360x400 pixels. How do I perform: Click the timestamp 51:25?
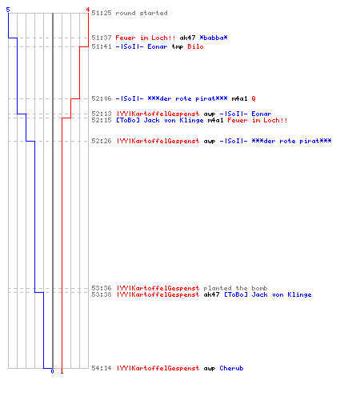[x=102, y=13]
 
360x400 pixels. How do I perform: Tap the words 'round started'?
[x=142, y=13]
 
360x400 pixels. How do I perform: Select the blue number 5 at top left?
[x=8, y=10]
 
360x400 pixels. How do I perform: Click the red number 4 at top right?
[x=88, y=10]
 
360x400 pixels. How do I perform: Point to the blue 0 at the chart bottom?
[x=52, y=371]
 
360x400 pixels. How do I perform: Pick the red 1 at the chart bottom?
[x=62, y=371]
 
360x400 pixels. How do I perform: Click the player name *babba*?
[x=214, y=38]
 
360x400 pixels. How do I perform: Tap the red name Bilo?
[x=195, y=46]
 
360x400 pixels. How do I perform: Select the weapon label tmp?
[x=178, y=46]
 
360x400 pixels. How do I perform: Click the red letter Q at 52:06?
[x=254, y=98]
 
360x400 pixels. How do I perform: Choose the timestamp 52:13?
[x=102, y=114]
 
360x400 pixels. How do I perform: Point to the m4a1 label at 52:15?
[x=215, y=120]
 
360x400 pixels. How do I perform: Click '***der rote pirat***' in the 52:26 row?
[x=291, y=141]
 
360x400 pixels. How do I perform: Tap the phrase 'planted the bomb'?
[x=235, y=288]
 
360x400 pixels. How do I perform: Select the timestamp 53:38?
[x=102, y=294]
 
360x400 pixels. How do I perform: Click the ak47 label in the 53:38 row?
[x=211, y=294]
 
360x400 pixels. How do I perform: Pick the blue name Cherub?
[x=231, y=368]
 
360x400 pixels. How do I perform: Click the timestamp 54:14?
[x=102, y=368]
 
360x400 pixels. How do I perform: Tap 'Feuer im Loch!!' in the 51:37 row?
[x=146, y=38]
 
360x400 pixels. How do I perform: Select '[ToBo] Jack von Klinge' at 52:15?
[x=160, y=120]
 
